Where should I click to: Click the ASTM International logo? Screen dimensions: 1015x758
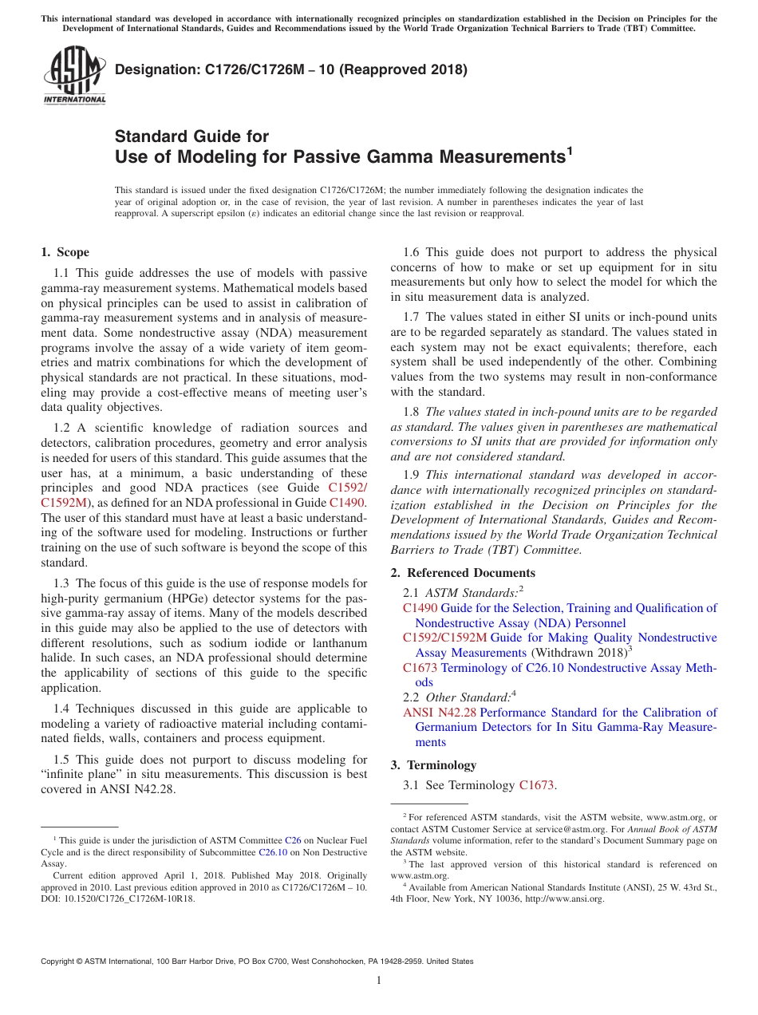click(x=73, y=75)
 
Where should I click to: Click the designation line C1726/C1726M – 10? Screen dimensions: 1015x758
click(x=291, y=69)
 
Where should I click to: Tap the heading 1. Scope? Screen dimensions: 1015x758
click(x=65, y=252)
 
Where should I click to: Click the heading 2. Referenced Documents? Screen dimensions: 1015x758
click(x=463, y=573)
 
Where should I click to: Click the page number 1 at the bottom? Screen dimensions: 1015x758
click(x=379, y=980)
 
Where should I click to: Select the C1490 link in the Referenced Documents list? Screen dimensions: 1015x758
click(x=420, y=608)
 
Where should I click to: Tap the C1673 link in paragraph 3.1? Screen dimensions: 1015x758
click(x=536, y=785)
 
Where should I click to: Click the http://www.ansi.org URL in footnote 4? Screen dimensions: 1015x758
click(x=564, y=898)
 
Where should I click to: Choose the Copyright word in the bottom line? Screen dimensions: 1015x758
click(x=59, y=962)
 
